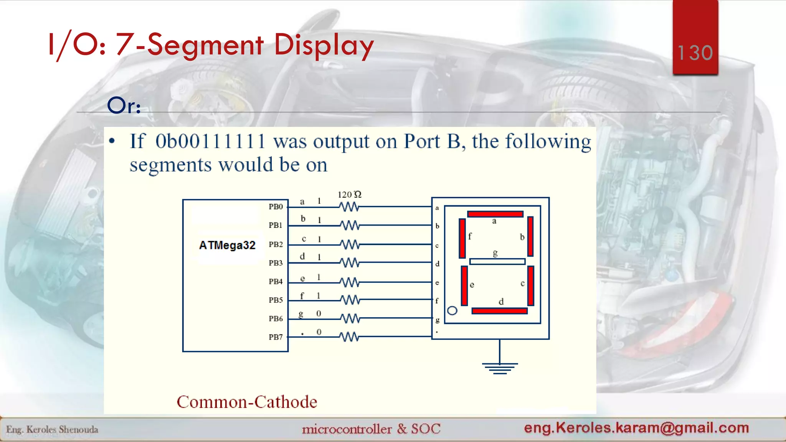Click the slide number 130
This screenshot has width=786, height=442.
click(695, 53)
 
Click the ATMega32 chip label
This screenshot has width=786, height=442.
click(227, 245)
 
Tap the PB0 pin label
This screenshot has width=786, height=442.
click(276, 207)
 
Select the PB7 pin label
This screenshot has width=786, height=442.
click(276, 337)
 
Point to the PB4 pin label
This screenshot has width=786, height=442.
click(276, 282)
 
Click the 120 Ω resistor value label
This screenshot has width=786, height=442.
click(349, 195)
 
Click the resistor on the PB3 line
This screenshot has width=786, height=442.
click(350, 263)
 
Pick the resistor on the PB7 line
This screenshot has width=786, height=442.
click(350, 337)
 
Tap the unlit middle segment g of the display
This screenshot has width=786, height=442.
click(497, 262)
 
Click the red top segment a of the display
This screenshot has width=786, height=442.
click(495, 214)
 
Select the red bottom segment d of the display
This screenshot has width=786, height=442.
click(499, 311)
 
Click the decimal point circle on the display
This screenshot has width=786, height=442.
click(452, 311)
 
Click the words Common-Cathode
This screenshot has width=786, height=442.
click(247, 402)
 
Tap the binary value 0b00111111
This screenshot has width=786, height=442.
click(210, 141)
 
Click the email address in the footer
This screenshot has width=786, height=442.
click(636, 427)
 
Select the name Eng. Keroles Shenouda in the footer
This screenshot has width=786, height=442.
click(52, 429)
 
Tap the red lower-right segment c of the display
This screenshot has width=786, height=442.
click(531, 285)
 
